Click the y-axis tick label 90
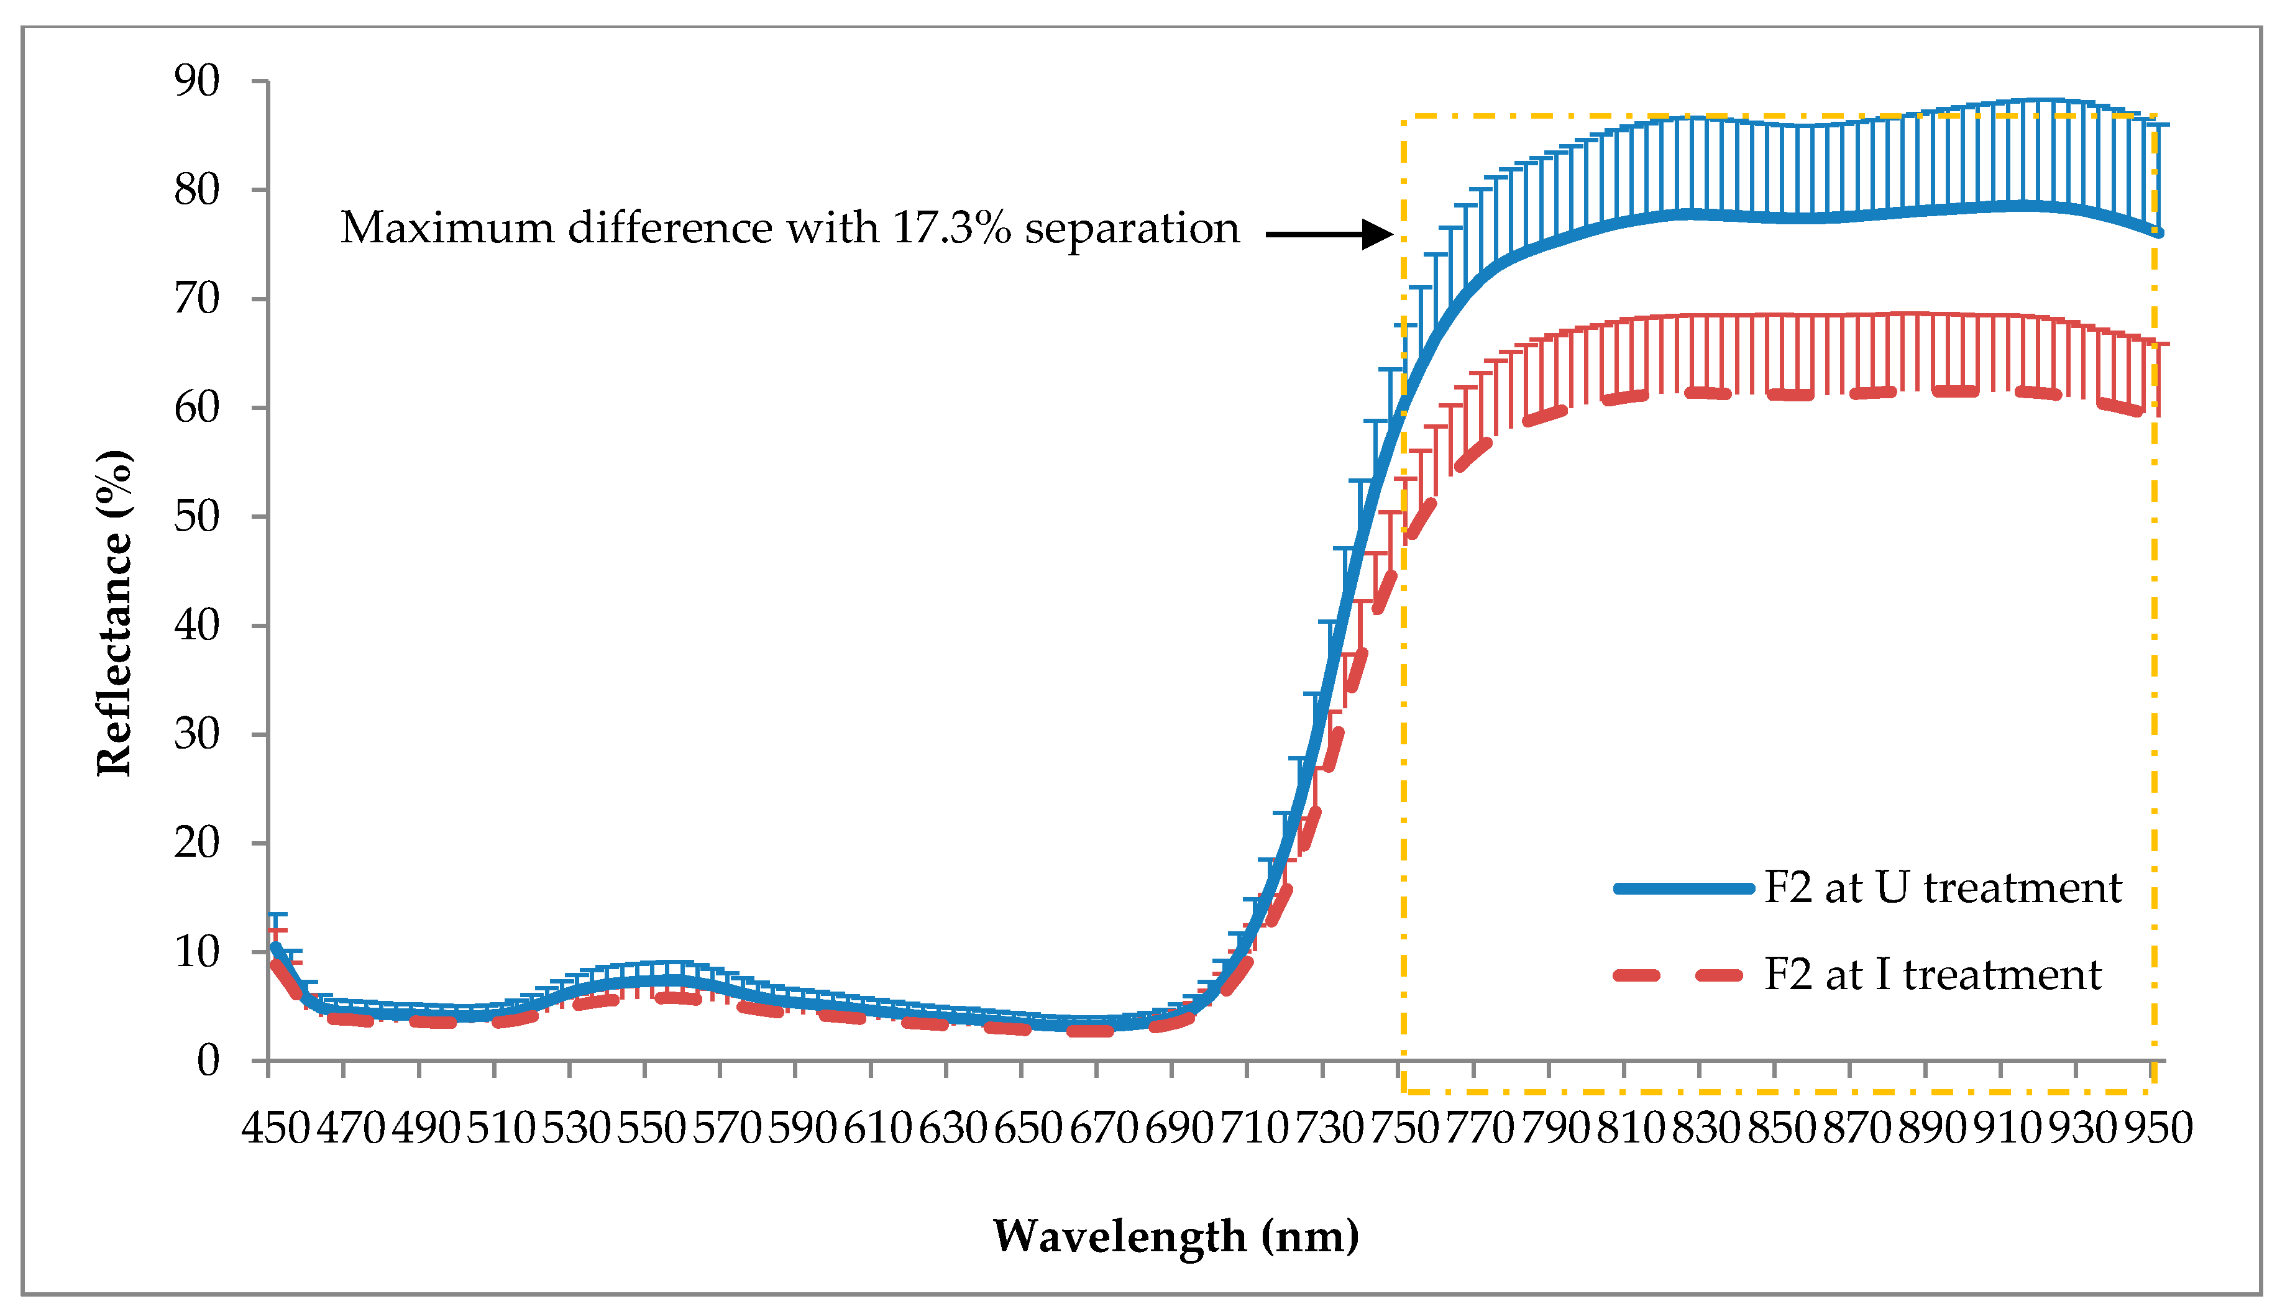197,81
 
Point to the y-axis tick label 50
197,517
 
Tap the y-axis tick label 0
209,1061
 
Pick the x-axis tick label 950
2157,1128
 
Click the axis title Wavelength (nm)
1175,1236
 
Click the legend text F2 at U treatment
1943,888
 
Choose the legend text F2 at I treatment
1933,975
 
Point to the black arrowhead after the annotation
1378,235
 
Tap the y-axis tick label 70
197,299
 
